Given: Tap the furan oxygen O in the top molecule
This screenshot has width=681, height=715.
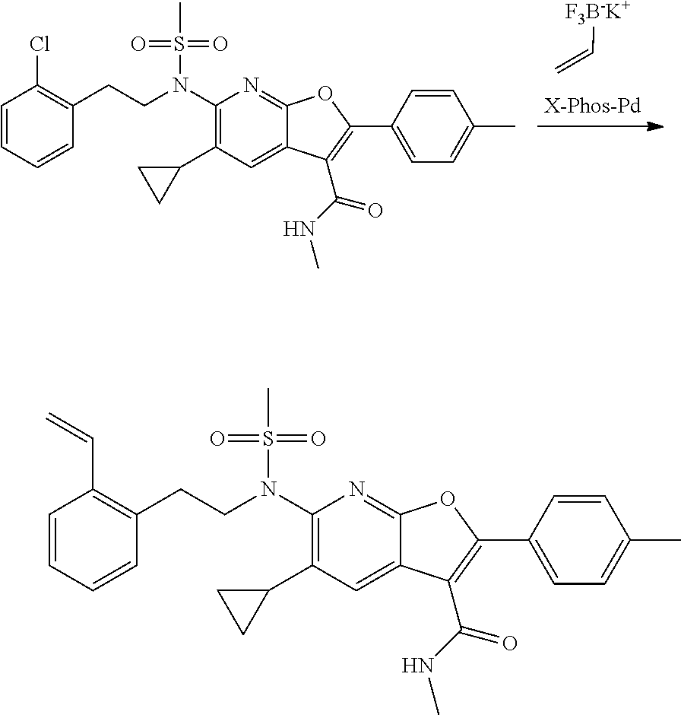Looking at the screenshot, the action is [325, 94].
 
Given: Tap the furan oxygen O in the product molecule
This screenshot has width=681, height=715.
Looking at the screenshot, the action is [445, 500].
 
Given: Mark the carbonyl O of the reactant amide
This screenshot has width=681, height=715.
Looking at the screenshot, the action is [374, 210].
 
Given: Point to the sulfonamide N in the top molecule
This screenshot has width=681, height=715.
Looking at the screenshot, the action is [179, 89].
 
